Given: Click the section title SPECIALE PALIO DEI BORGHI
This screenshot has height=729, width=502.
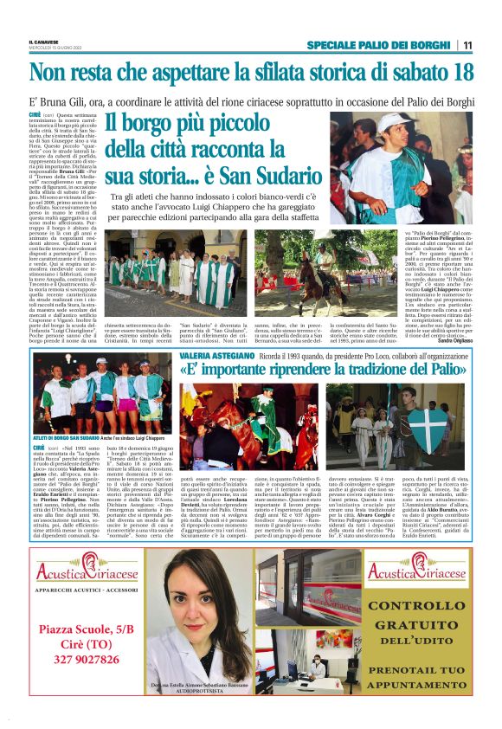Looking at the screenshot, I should [378, 45].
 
